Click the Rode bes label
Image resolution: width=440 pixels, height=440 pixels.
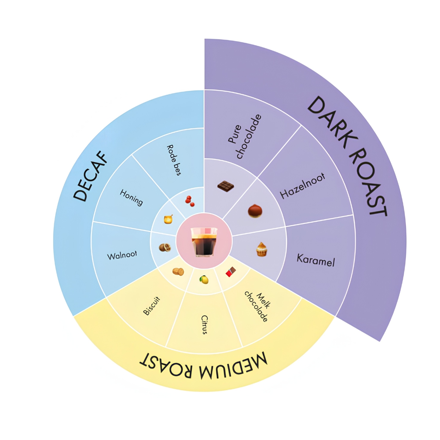point(174,160)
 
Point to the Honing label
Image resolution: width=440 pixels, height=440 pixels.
point(132,198)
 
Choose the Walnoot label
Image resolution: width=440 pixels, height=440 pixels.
point(122,255)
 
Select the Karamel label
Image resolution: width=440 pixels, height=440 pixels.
point(316,260)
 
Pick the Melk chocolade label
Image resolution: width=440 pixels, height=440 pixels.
point(257,307)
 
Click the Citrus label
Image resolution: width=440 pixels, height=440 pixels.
point(204,325)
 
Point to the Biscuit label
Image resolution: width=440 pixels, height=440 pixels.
point(151,306)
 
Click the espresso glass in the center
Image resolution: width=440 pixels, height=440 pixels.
point(204,242)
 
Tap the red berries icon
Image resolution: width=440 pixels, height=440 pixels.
point(190,201)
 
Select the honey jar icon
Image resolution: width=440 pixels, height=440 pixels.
point(168,219)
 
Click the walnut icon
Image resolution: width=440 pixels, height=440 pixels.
point(165,247)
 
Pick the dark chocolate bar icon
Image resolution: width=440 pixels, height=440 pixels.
point(225,186)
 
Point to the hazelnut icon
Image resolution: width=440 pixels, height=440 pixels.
point(255,211)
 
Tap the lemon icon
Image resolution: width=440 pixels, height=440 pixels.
point(204,279)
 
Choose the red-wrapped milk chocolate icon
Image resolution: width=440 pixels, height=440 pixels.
point(231,272)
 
